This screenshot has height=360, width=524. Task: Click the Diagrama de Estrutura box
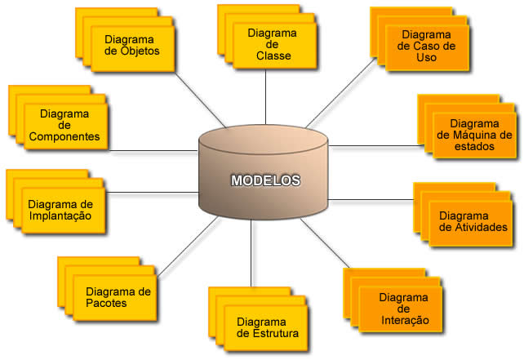(268, 327)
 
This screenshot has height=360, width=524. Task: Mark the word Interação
(404, 320)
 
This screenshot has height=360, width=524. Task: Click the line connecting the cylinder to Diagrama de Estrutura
(251, 253)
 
